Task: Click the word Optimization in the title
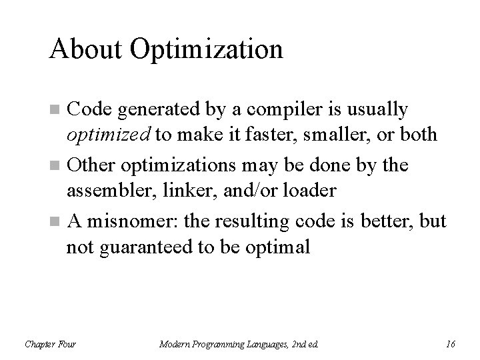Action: coord(207,49)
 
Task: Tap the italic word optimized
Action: coord(108,134)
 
